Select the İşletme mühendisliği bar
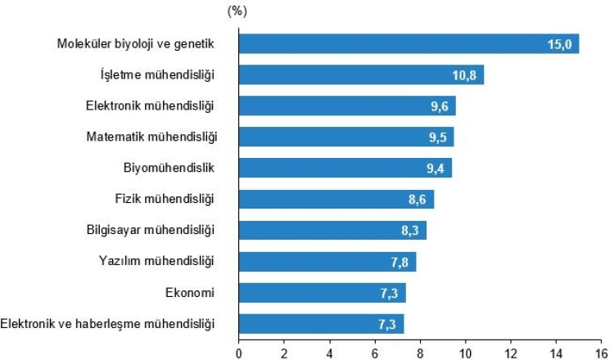[360, 74]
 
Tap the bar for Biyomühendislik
[344, 168]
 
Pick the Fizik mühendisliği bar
[336, 199]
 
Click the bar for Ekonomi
[321, 292]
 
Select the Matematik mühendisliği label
[151, 137]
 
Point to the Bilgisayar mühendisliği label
[150, 230]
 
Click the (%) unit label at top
[237, 11]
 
